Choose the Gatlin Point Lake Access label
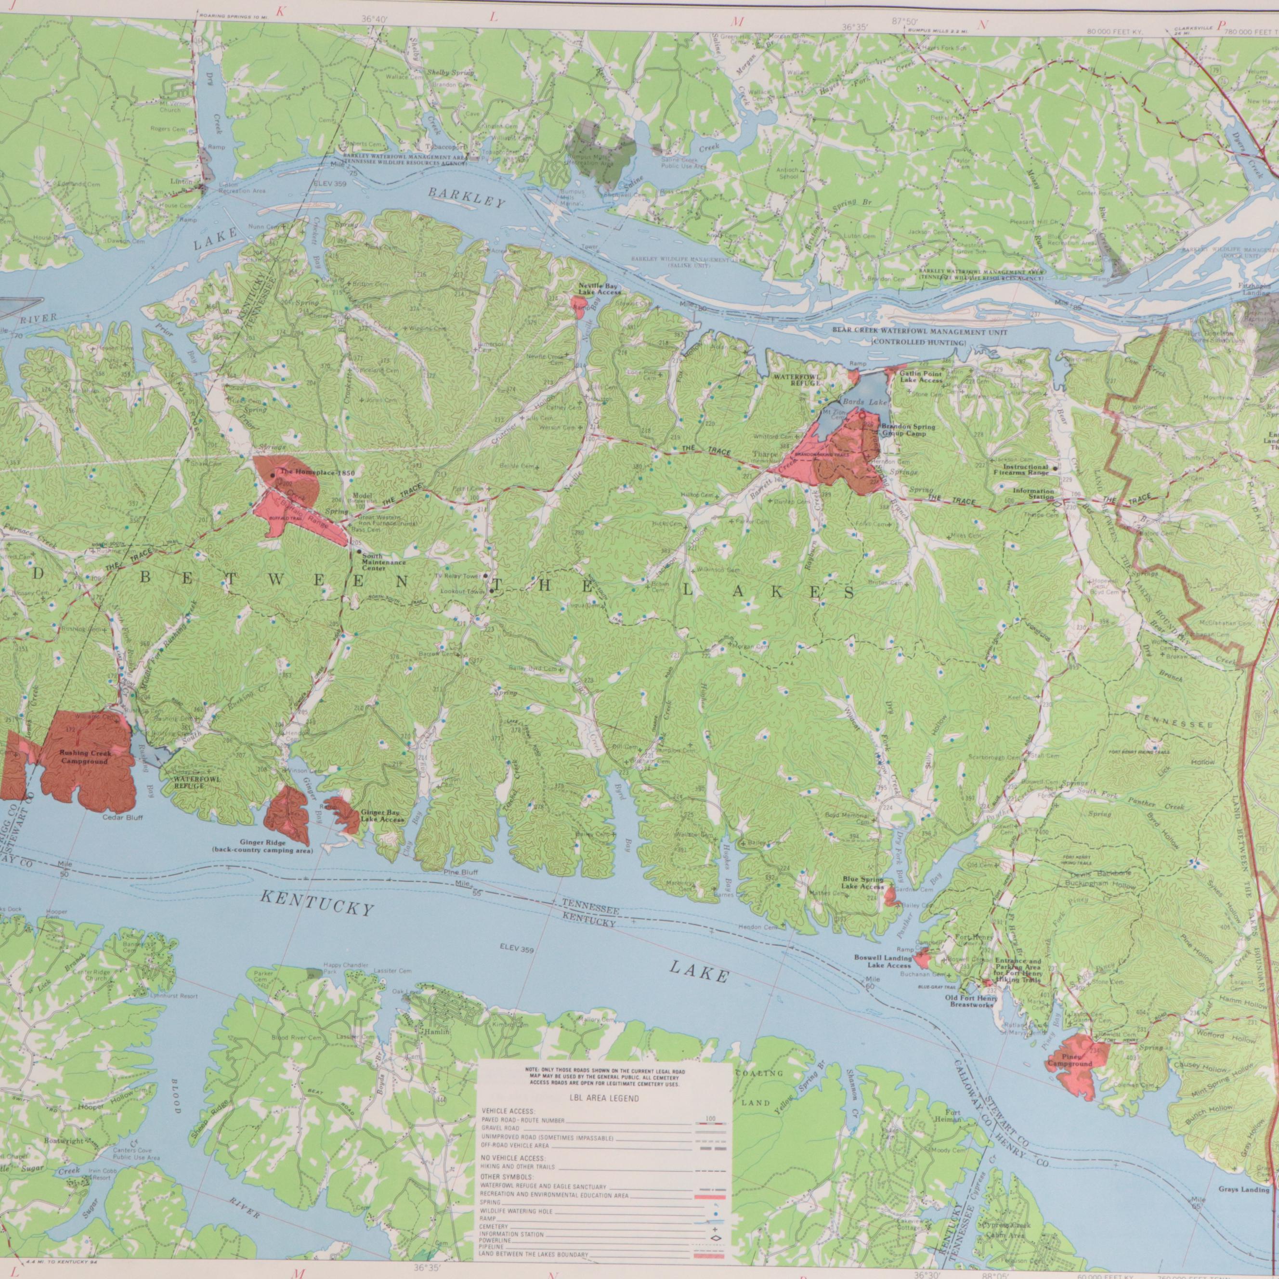point(920,377)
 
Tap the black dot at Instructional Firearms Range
point(1055,469)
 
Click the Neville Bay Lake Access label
point(599,288)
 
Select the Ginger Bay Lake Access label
point(382,816)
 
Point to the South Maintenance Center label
point(383,563)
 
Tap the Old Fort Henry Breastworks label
point(970,1001)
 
